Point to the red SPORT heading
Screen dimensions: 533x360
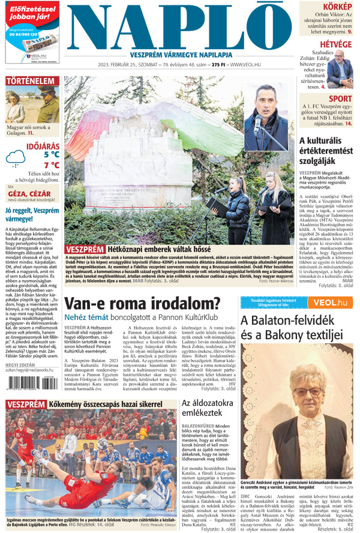340,99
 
